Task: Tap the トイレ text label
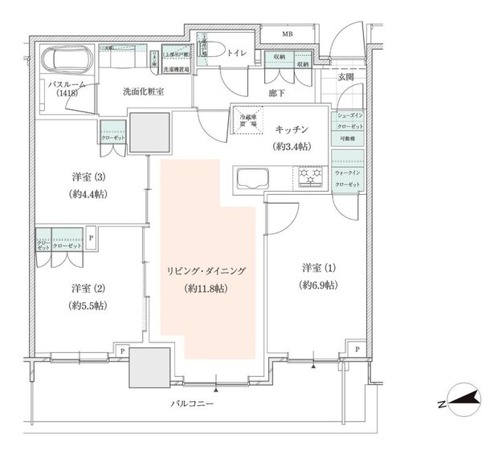[x=236, y=55]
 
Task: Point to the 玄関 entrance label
[x=345, y=77]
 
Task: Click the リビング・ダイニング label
[x=208, y=271]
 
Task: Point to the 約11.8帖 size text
[x=208, y=287]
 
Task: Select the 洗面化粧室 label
[x=145, y=92]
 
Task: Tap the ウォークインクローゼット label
[x=348, y=177]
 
